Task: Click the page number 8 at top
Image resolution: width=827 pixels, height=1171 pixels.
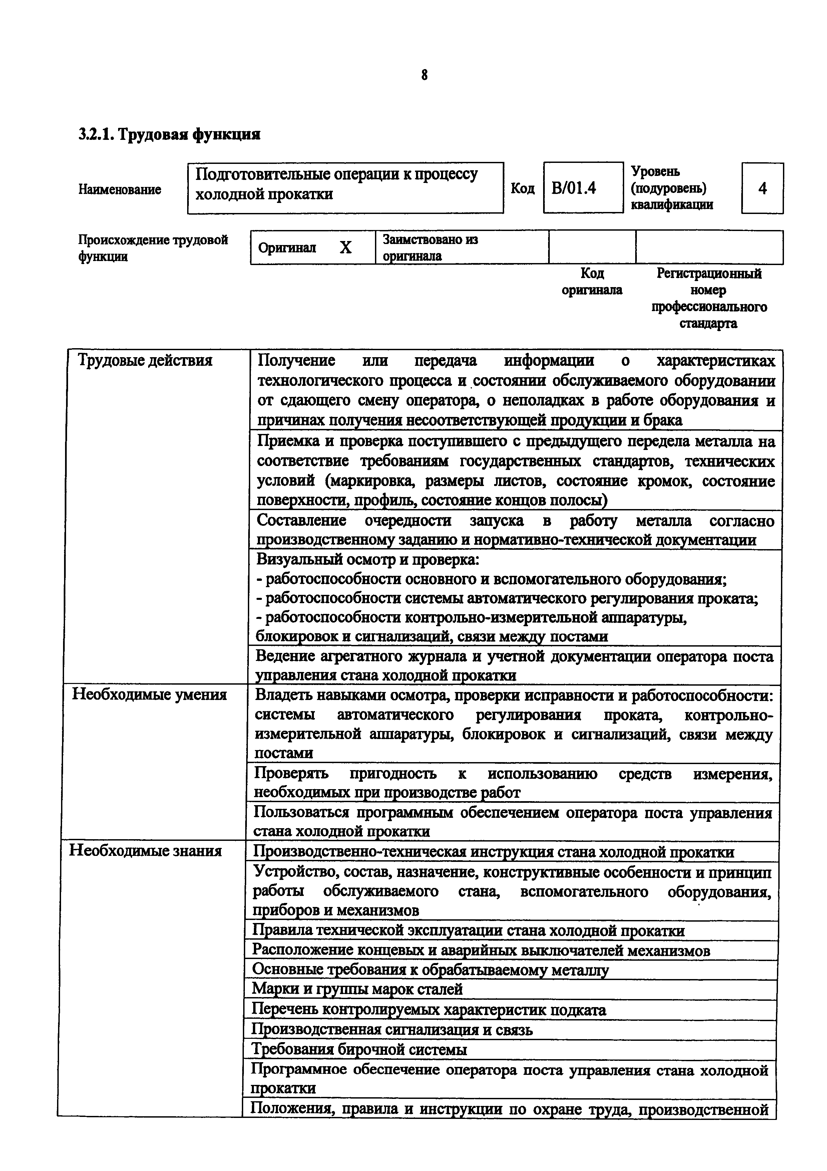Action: (424, 75)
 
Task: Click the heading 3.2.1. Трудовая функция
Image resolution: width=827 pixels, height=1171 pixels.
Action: (169, 135)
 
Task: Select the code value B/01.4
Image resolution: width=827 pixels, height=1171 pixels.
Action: (574, 188)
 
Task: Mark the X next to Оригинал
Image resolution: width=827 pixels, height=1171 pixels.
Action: (346, 248)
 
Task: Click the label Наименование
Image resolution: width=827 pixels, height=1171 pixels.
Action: (120, 189)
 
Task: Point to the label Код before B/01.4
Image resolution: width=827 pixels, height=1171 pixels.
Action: (522, 188)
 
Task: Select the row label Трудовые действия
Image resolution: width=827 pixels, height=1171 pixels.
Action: (145, 361)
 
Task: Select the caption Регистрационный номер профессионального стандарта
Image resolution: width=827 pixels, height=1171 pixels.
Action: (709, 298)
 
